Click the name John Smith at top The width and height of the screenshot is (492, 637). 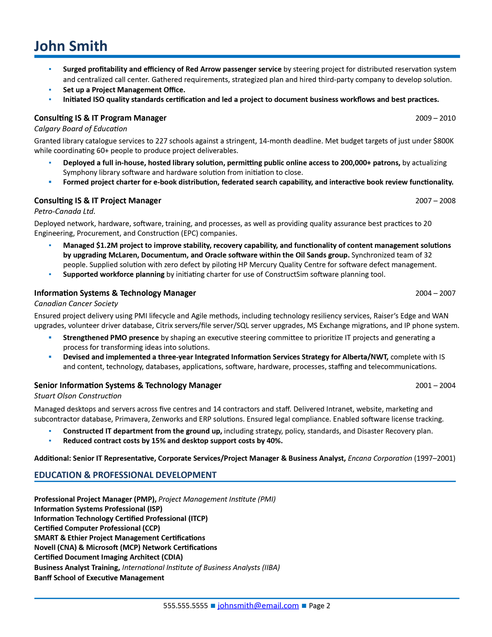[71, 46]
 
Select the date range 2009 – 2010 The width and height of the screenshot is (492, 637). [435, 118]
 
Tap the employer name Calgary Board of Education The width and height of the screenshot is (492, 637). [81, 129]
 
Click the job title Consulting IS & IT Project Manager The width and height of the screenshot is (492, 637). [98, 201]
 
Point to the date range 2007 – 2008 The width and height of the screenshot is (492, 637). [435, 201]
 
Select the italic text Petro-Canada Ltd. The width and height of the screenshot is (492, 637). [65, 211]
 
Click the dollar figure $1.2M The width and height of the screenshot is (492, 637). [107, 245]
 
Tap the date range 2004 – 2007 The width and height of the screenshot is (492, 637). [435, 293]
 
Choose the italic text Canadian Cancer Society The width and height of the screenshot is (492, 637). [76, 304]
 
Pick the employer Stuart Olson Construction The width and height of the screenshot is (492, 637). [78, 396]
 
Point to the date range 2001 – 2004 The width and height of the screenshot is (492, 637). [435, 385]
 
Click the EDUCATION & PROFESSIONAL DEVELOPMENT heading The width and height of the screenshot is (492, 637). [125, 475]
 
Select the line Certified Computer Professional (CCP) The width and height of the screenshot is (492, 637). [97, 528]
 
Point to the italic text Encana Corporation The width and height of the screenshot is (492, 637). [380, 458]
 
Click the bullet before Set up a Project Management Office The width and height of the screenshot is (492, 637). [50, 90]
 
